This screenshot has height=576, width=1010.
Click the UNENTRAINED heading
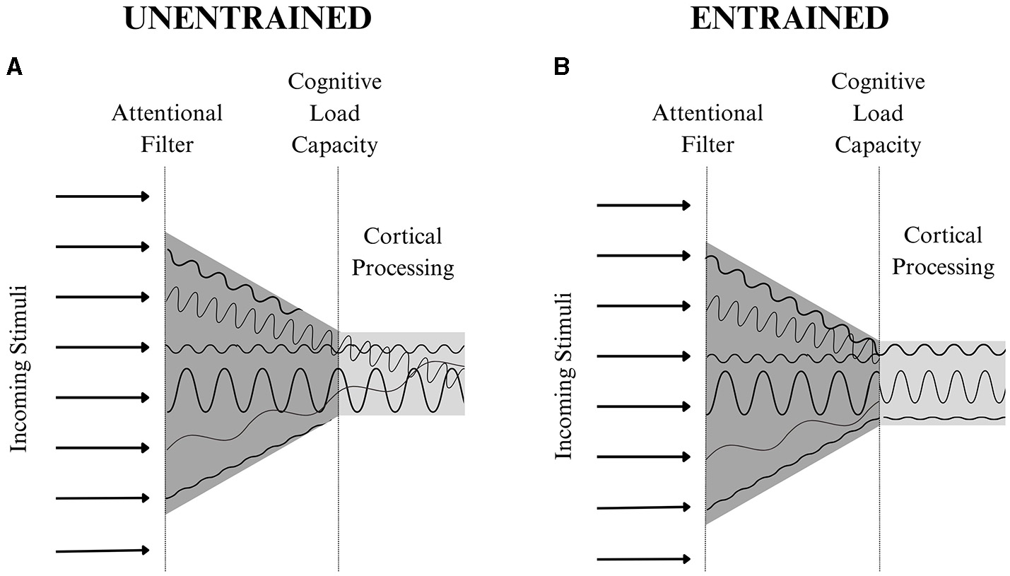pyautogui.click(x=247, y=19)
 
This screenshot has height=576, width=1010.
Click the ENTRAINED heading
pyautogui.click(x=789, y=19)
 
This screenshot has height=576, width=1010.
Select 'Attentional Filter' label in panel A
pyautogui.click(x=167, y=129)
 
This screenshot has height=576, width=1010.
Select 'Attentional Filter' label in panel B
pyautogui.click(x=707, y=129)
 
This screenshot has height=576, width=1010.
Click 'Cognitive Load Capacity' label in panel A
pyautogui.click(x=335, y=113)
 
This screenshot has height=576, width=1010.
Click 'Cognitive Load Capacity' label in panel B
pyautogui.click(x=878, y=113)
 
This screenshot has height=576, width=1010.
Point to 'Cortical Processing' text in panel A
pyautogui.click(x=403, y=252)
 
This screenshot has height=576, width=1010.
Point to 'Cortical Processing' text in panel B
pyautogui.click(x=943, y=251)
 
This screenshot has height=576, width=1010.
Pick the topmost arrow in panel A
pyautogui.click(x=102, y=196)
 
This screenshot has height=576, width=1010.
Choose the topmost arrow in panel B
pyautogui.click(x=644, y=205)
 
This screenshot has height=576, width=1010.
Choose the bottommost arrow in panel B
pyautogui.click(x=644, y=559)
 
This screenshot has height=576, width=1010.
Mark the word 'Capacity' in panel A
pyautogui.click(x=335, y=146)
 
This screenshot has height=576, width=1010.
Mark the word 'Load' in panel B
pyautogui.click(x=878, y=113)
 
